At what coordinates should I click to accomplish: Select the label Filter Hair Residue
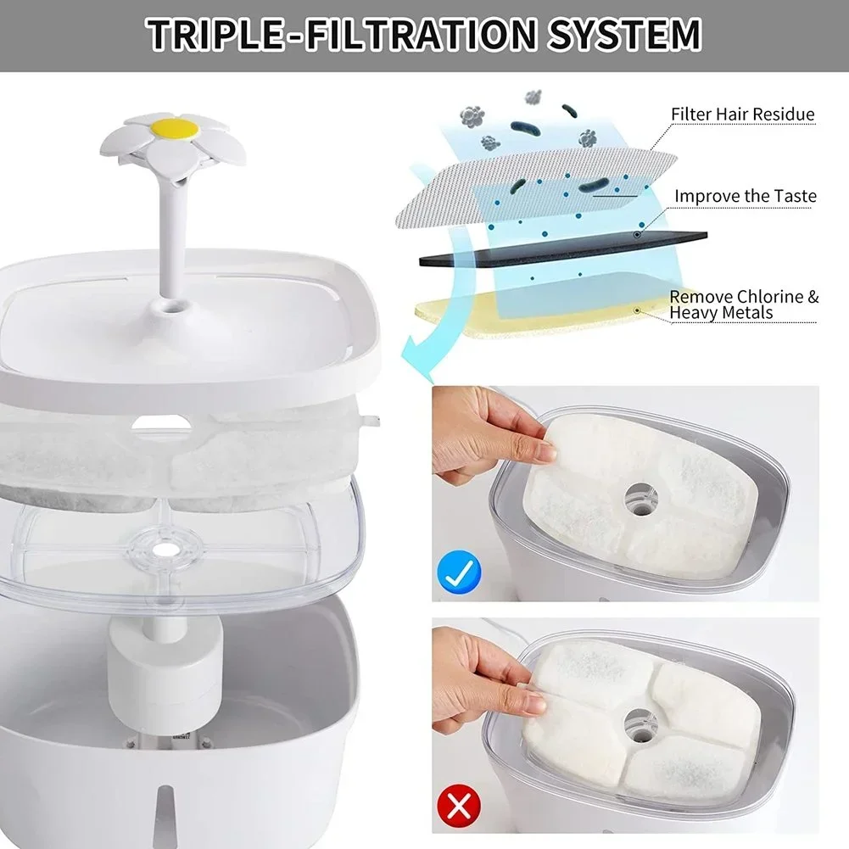click(x=742, y=114)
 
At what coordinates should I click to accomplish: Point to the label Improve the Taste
click(x=745, y=196)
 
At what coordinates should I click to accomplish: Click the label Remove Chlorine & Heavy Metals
click(x=744, y=304)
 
